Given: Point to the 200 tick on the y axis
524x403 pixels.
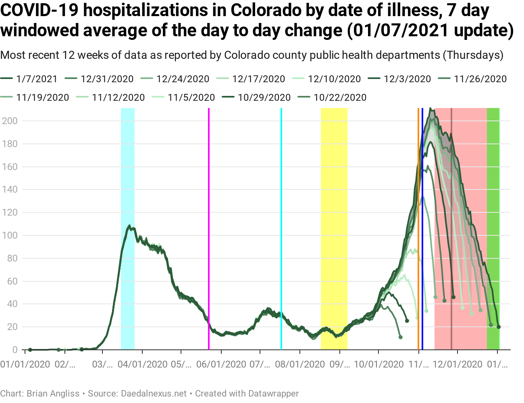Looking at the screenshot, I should coord(10,121).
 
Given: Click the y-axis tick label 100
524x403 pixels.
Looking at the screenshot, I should coord(10,235).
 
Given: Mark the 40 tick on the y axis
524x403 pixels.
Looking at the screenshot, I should coord(12,304).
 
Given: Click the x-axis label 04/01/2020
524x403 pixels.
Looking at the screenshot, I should coord(142,364).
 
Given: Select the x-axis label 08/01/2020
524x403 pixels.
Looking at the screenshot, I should coord(299,364).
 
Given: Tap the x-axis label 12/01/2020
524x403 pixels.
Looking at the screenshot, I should coord(457,364).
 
